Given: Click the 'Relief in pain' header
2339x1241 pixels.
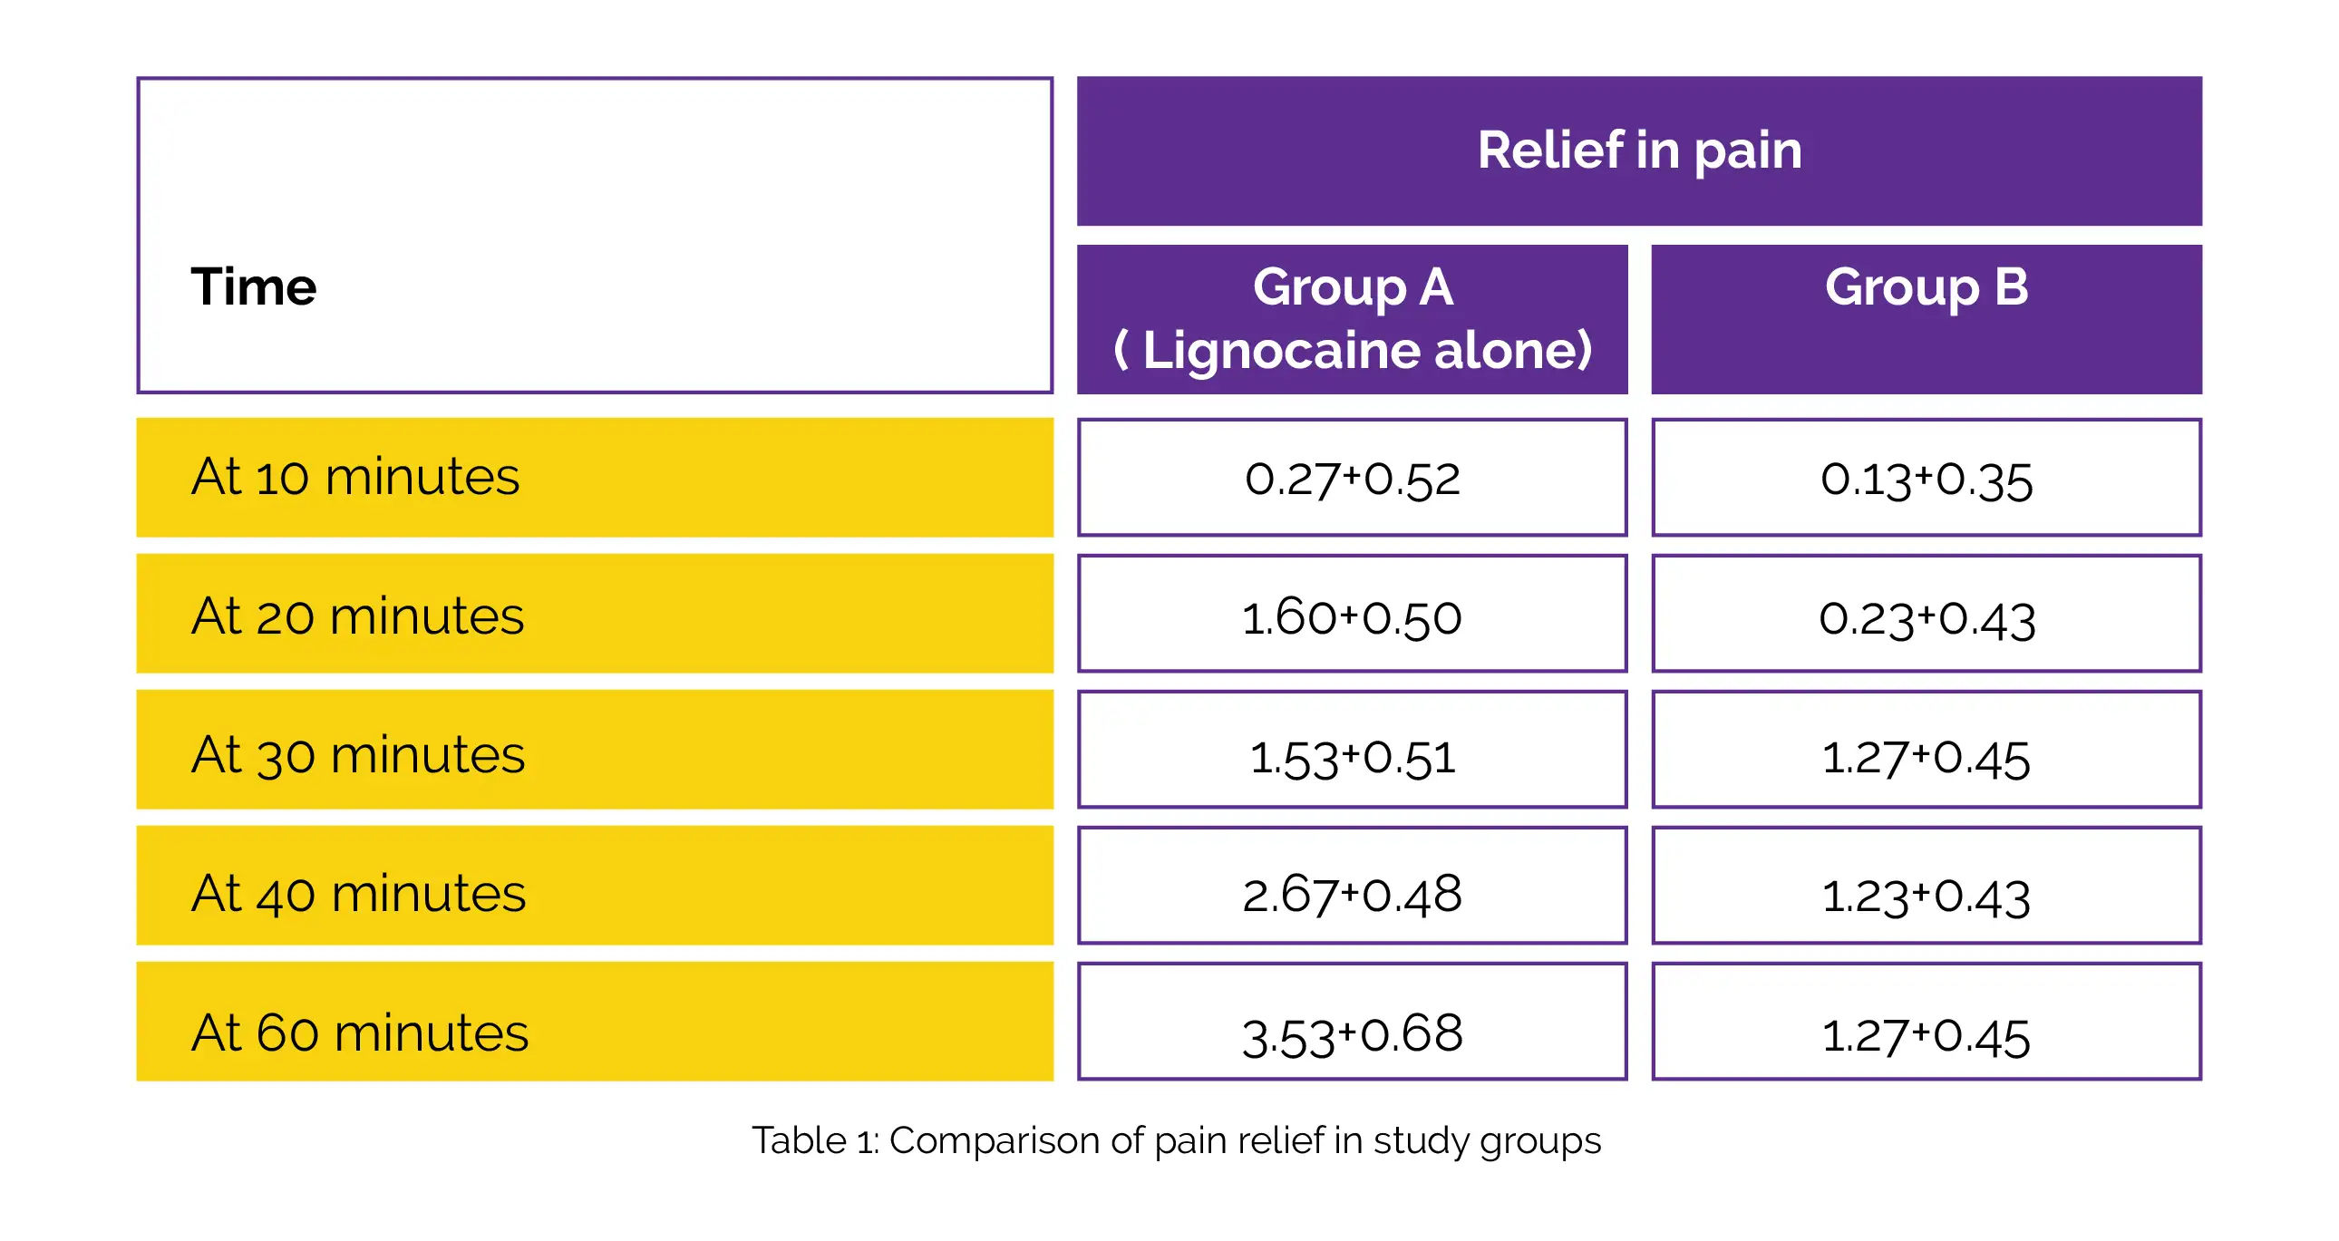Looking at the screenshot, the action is click(x=1639, y=150).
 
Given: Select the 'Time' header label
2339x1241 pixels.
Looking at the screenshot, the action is click(x=253, y=286).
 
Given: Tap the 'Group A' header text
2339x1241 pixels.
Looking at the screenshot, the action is click(x=1353, y=286).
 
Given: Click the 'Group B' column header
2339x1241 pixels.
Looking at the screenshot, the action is click(x=1926, y=286).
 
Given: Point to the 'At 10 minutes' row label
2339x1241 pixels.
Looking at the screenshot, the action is click(x=355, y=477).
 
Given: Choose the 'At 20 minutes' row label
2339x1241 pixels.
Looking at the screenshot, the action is click(x=358, y=616).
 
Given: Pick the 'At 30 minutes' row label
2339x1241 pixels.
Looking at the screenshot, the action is click(x=358, y=755).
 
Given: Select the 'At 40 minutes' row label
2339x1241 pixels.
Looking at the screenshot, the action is click(x=359, y=893).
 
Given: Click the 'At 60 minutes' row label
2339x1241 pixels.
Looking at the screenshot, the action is click(x=360, y=1033).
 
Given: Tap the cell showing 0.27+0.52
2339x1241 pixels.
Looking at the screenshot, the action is click(x=1352, y=480).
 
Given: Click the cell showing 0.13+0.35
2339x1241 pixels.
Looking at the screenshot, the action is click(x=1926, y=480).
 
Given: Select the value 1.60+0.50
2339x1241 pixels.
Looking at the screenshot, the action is click(x=1351, y=618).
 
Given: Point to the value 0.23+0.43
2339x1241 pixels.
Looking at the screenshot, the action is click(x=1927, y=620).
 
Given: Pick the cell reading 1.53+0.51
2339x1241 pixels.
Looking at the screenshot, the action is click(x=1352, y=758).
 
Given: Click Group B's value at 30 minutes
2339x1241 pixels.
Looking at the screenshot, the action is click(x=1926, y=758).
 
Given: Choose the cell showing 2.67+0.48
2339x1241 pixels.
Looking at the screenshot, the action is click(x=1352, y=894).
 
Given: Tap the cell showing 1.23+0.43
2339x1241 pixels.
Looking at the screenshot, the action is click(x=1926, y=897).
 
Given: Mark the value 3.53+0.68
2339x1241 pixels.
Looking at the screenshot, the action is click(x=1352, y=1035).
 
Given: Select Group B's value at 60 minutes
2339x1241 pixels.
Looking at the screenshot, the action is click(x=1926, y=1036).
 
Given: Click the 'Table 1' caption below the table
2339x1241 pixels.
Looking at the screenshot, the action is click(x=1176, y=1141).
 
